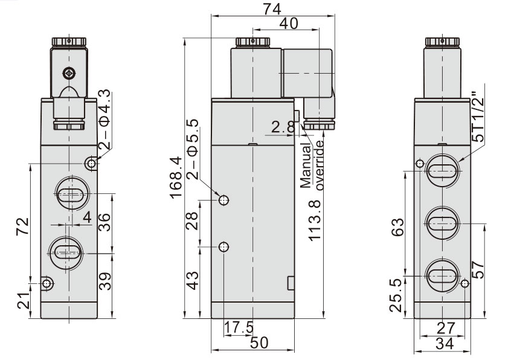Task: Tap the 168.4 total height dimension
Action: [176, 178]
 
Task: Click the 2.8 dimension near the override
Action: [282, 127]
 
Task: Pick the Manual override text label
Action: [312, 166]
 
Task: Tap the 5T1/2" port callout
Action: [478, 118]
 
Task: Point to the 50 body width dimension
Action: [260, 341]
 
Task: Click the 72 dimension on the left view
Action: [22, 227]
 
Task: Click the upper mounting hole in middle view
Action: [223, 200]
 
